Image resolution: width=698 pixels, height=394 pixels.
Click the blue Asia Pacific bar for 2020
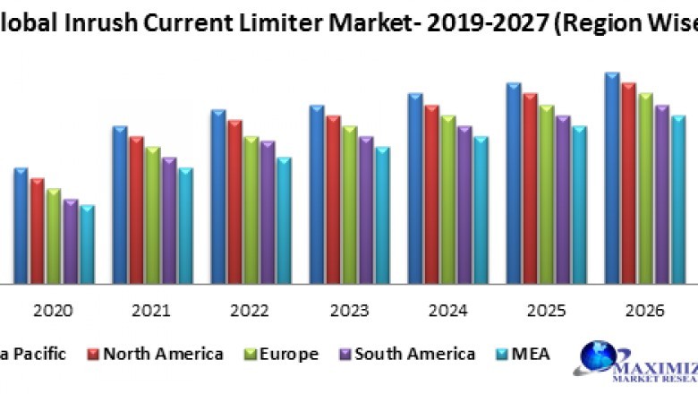[x=21, y=226]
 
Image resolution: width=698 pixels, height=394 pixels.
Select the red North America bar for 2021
[x=136, y=210]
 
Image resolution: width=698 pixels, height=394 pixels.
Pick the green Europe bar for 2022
[x=251, y=210]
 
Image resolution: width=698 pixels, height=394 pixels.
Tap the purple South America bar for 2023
[x=366, y=210]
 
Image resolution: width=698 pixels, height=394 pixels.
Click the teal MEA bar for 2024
[x=481, y=210]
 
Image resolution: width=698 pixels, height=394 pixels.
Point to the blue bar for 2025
[x=514, y=184]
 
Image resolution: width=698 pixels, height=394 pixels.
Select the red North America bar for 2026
[x=629, y=184]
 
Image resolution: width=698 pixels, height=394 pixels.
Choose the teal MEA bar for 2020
[x=87, y=244]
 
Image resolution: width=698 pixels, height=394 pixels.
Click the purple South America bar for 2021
[x=169, y=220]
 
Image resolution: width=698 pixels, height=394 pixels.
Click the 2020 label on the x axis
[x=54, y=311]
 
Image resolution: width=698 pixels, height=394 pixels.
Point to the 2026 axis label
[x=644, y=311]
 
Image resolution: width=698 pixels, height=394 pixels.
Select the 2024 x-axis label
[x=447, y=311]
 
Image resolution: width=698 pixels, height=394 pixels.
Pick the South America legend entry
[x=414, y=355]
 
